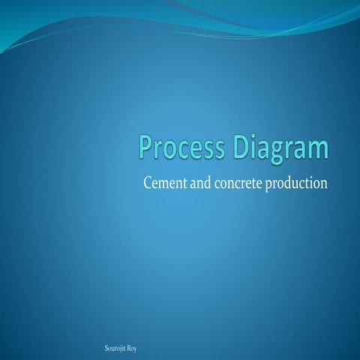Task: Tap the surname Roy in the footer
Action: [132, 349]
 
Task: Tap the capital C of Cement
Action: [146, 183]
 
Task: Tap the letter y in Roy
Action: [135, 349]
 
